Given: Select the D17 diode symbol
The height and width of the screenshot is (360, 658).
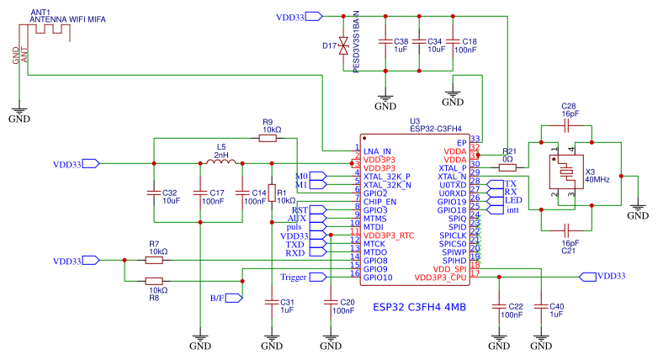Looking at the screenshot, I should click(342, 48).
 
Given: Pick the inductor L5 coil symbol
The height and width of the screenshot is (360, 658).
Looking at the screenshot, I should click(220, 162).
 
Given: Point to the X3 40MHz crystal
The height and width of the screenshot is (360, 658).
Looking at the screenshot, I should click(568, 176).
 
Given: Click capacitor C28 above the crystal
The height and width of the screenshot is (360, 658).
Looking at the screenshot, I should click(568, 125).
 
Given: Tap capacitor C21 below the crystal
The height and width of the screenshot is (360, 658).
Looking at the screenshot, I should click(568, 228).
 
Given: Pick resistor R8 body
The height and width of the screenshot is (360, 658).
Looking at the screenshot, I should click(154, 282).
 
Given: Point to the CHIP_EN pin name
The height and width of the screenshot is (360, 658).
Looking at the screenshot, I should click(380, 201).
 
